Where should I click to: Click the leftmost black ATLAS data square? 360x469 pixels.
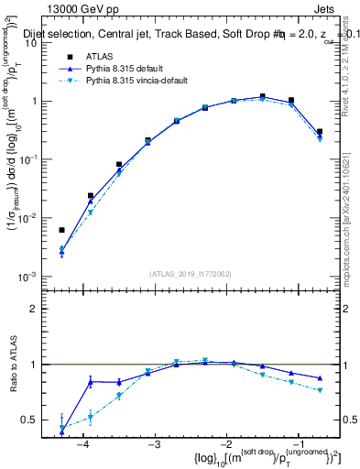[x=61, y=230]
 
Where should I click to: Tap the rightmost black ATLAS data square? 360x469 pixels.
[x=320, y=132]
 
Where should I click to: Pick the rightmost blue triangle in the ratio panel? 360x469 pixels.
[x=320, y=378]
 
